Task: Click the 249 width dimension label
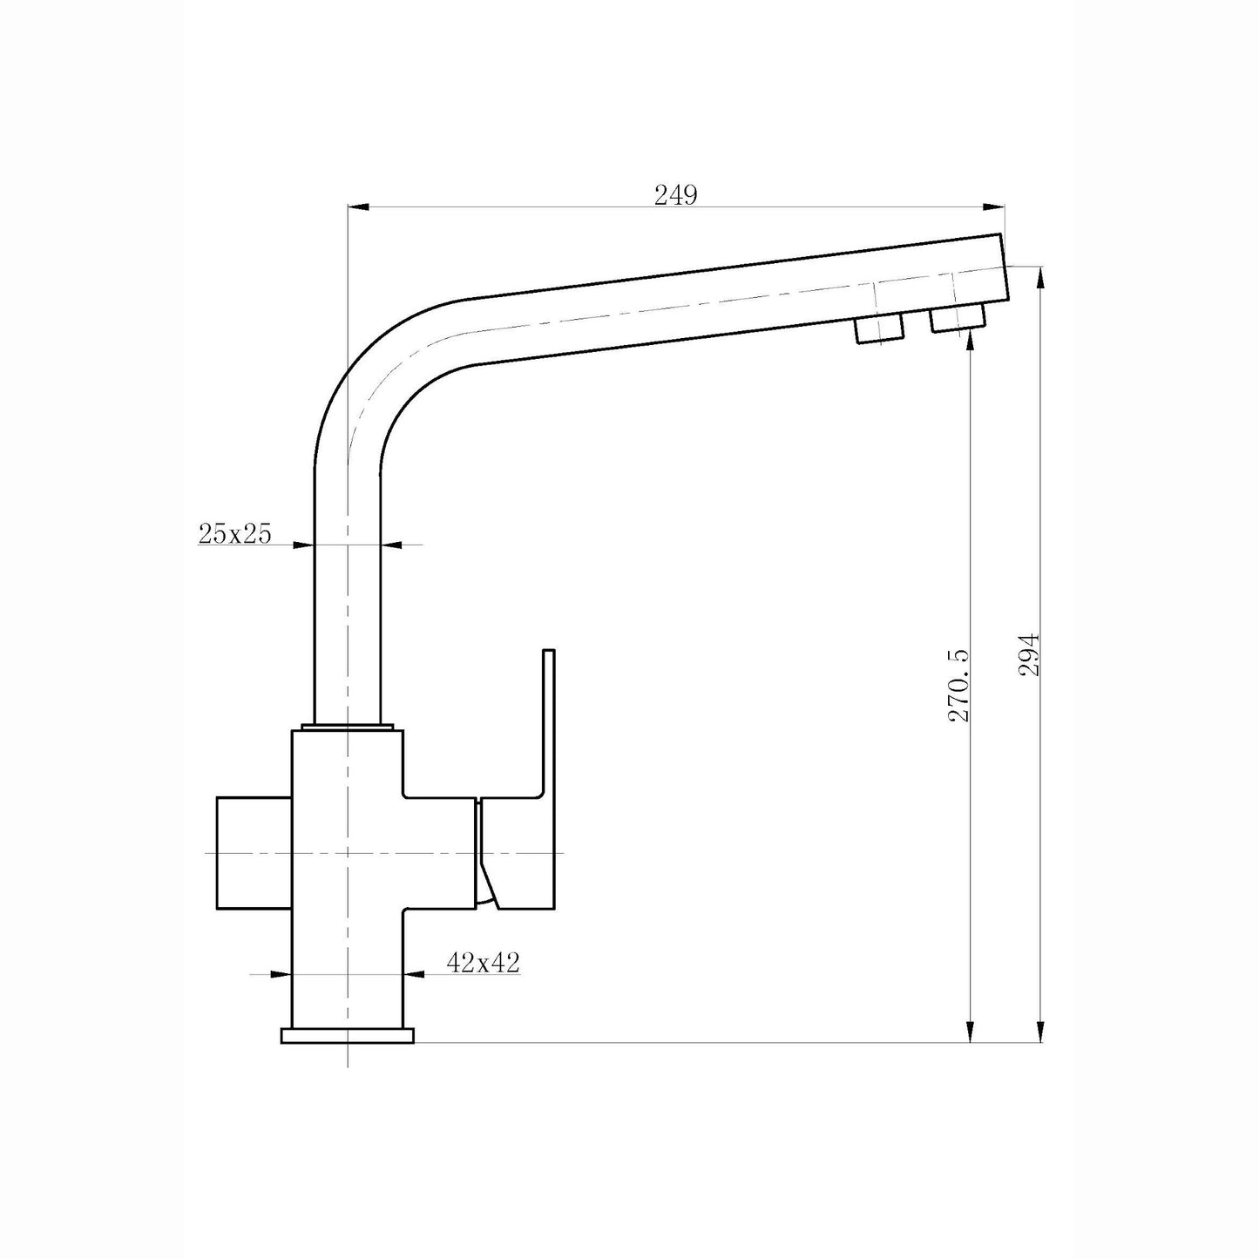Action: pyautogui.click(x=675, y=195)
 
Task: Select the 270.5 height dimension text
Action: pyautogui.click(x=958, y=685)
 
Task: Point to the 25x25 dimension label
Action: pyautogui.click(x=234, y=533)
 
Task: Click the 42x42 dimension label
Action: pyautogui.click(x=483, y=962)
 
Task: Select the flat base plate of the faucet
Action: pyautogui.click(x=347, y=1035)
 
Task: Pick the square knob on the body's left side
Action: pyautogui.click(x=253, y=852)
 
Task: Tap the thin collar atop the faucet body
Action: pyautogui.click(x=347, y=727)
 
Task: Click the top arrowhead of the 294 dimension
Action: pyautogui.click(x=1041, y=275)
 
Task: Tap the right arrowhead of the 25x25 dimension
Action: pyautogui.click(x=391, y=545)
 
